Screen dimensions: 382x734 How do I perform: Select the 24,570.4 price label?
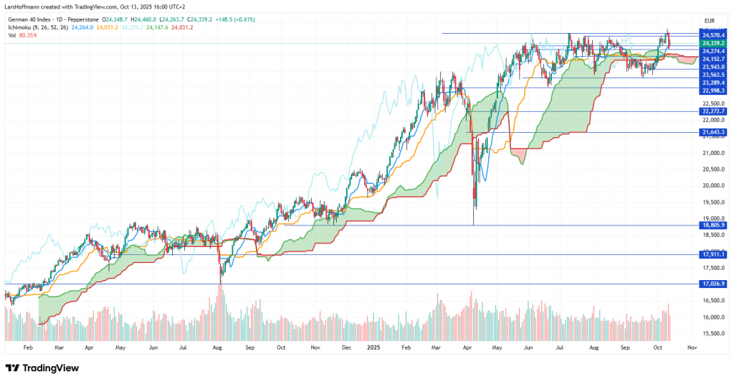[714, 34]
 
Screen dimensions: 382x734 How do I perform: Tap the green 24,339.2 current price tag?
[714, 43]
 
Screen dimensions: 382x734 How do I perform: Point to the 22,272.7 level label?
[714, 111]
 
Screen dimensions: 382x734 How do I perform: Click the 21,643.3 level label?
[714, 132]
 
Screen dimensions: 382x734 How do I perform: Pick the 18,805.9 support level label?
[714, 225]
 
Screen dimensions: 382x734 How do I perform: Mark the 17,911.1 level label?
[714, 254]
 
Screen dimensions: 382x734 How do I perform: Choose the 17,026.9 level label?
[714, 284]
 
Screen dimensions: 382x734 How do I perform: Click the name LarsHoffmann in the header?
[22, 7]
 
